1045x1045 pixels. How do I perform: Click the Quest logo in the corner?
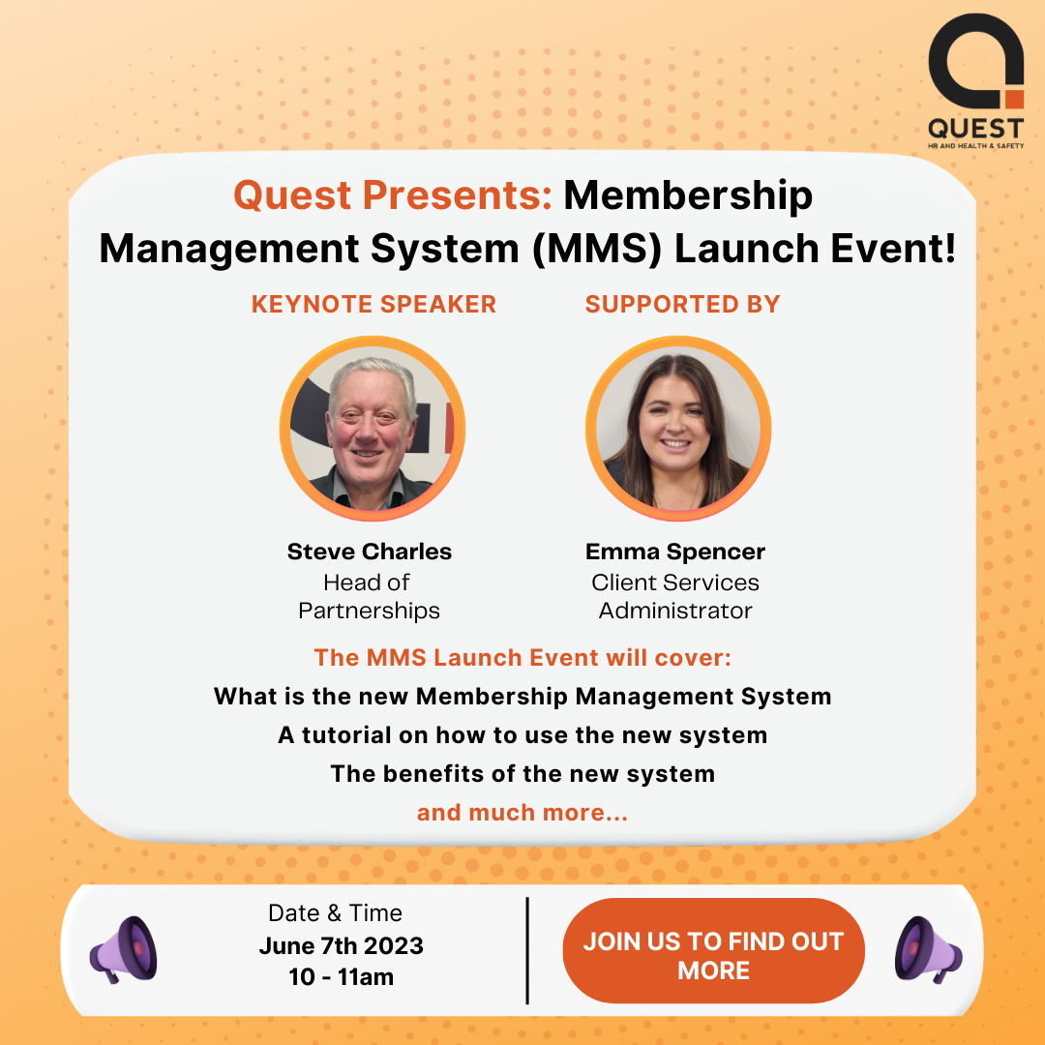coord(975,80)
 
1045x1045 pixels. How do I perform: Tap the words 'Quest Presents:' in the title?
coord(393,195)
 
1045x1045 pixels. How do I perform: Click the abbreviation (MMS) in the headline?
coord(596,249)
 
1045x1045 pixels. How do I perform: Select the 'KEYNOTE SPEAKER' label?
coord(373,304)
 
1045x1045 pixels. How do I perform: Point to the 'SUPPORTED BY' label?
coord(682,304)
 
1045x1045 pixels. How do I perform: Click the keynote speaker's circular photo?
coord(372,428)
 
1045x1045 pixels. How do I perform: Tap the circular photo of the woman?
coord(677,428)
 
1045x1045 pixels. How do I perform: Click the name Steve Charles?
coord(370,552)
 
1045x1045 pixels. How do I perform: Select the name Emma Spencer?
coord(675,552)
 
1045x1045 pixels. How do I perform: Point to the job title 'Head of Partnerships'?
coord(369,596)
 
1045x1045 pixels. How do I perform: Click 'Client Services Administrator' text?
coord(675,596)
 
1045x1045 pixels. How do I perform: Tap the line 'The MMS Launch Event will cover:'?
coord(522,658)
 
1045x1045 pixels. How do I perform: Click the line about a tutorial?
coord(522,735)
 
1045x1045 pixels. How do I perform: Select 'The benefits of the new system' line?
coord(522,774)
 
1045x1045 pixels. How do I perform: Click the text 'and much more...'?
coord(522,813)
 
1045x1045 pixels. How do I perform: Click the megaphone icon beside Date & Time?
coord(123,950)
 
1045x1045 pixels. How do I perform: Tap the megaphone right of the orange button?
coord(928,950)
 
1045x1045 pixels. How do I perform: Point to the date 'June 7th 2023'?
coord(342,945)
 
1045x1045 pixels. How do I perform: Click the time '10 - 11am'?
coord(342,977)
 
